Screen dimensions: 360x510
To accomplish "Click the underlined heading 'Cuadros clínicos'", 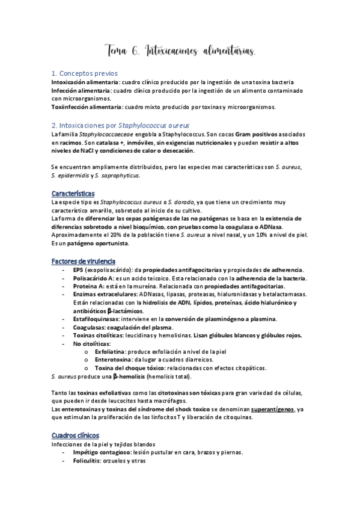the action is click(x=76, y=435).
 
